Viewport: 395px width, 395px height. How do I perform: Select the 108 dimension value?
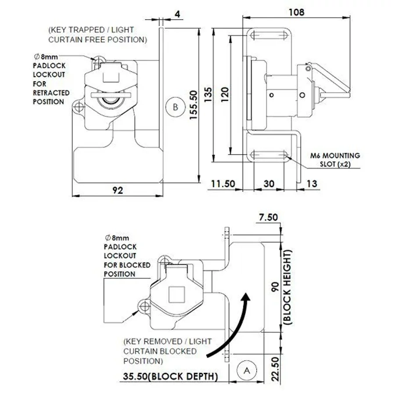[297, 12]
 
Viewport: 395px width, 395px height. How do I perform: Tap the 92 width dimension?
[117, 190]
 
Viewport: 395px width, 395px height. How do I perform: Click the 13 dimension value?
[312, 184]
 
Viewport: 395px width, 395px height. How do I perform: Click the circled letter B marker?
[175, 107]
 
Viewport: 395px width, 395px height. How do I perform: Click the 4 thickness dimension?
[177, 14]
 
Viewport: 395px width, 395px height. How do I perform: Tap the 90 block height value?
[276, 287]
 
